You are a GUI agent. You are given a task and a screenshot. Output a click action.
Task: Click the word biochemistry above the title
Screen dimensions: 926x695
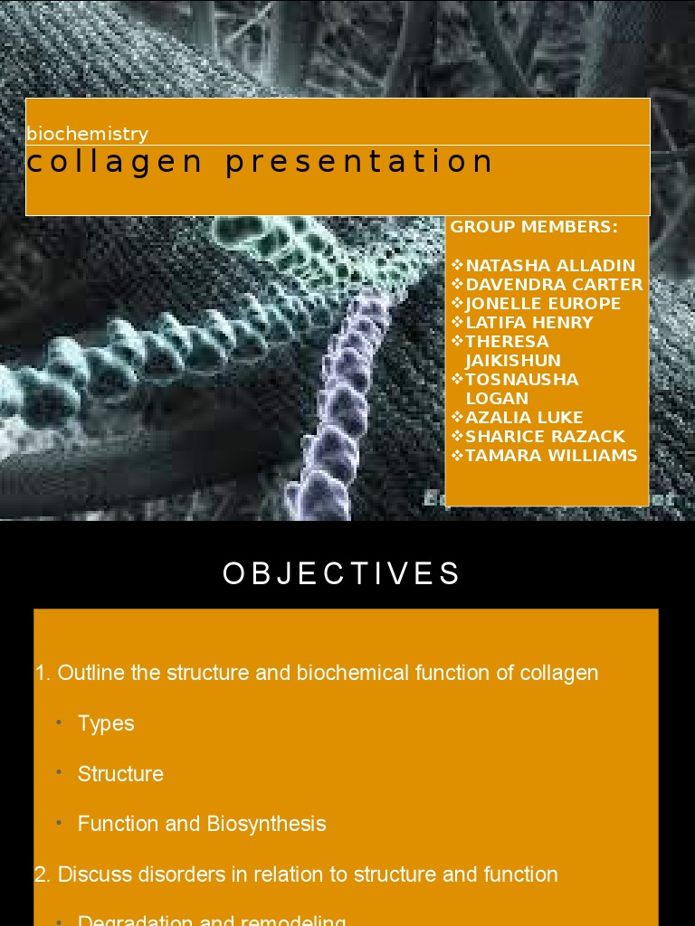87,134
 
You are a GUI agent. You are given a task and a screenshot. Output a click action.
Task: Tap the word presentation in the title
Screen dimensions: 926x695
359,163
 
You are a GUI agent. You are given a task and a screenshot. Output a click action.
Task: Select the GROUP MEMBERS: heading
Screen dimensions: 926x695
534,227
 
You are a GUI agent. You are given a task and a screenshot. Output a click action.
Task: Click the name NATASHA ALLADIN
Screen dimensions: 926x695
550,266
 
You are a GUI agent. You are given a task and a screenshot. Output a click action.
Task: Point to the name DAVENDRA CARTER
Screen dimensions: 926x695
554,285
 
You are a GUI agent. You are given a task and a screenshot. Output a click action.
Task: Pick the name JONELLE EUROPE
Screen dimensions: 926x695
543,304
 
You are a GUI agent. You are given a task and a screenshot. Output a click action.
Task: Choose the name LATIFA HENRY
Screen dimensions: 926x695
529,323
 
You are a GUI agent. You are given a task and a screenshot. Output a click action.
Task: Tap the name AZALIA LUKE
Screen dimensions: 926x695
524,418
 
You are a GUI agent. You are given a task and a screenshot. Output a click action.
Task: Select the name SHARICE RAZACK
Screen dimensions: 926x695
545,437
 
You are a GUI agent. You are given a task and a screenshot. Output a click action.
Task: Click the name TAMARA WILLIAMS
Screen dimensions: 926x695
551,456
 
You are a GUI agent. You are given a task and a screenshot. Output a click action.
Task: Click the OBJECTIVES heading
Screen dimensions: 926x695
342,574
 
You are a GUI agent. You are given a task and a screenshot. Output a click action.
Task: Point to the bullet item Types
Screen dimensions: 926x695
106,723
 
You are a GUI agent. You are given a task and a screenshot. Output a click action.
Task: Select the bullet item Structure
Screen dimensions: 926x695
120,774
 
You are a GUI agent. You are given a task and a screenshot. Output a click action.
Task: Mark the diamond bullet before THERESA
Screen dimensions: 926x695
457,341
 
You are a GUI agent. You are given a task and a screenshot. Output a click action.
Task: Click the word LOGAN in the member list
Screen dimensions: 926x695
497,399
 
